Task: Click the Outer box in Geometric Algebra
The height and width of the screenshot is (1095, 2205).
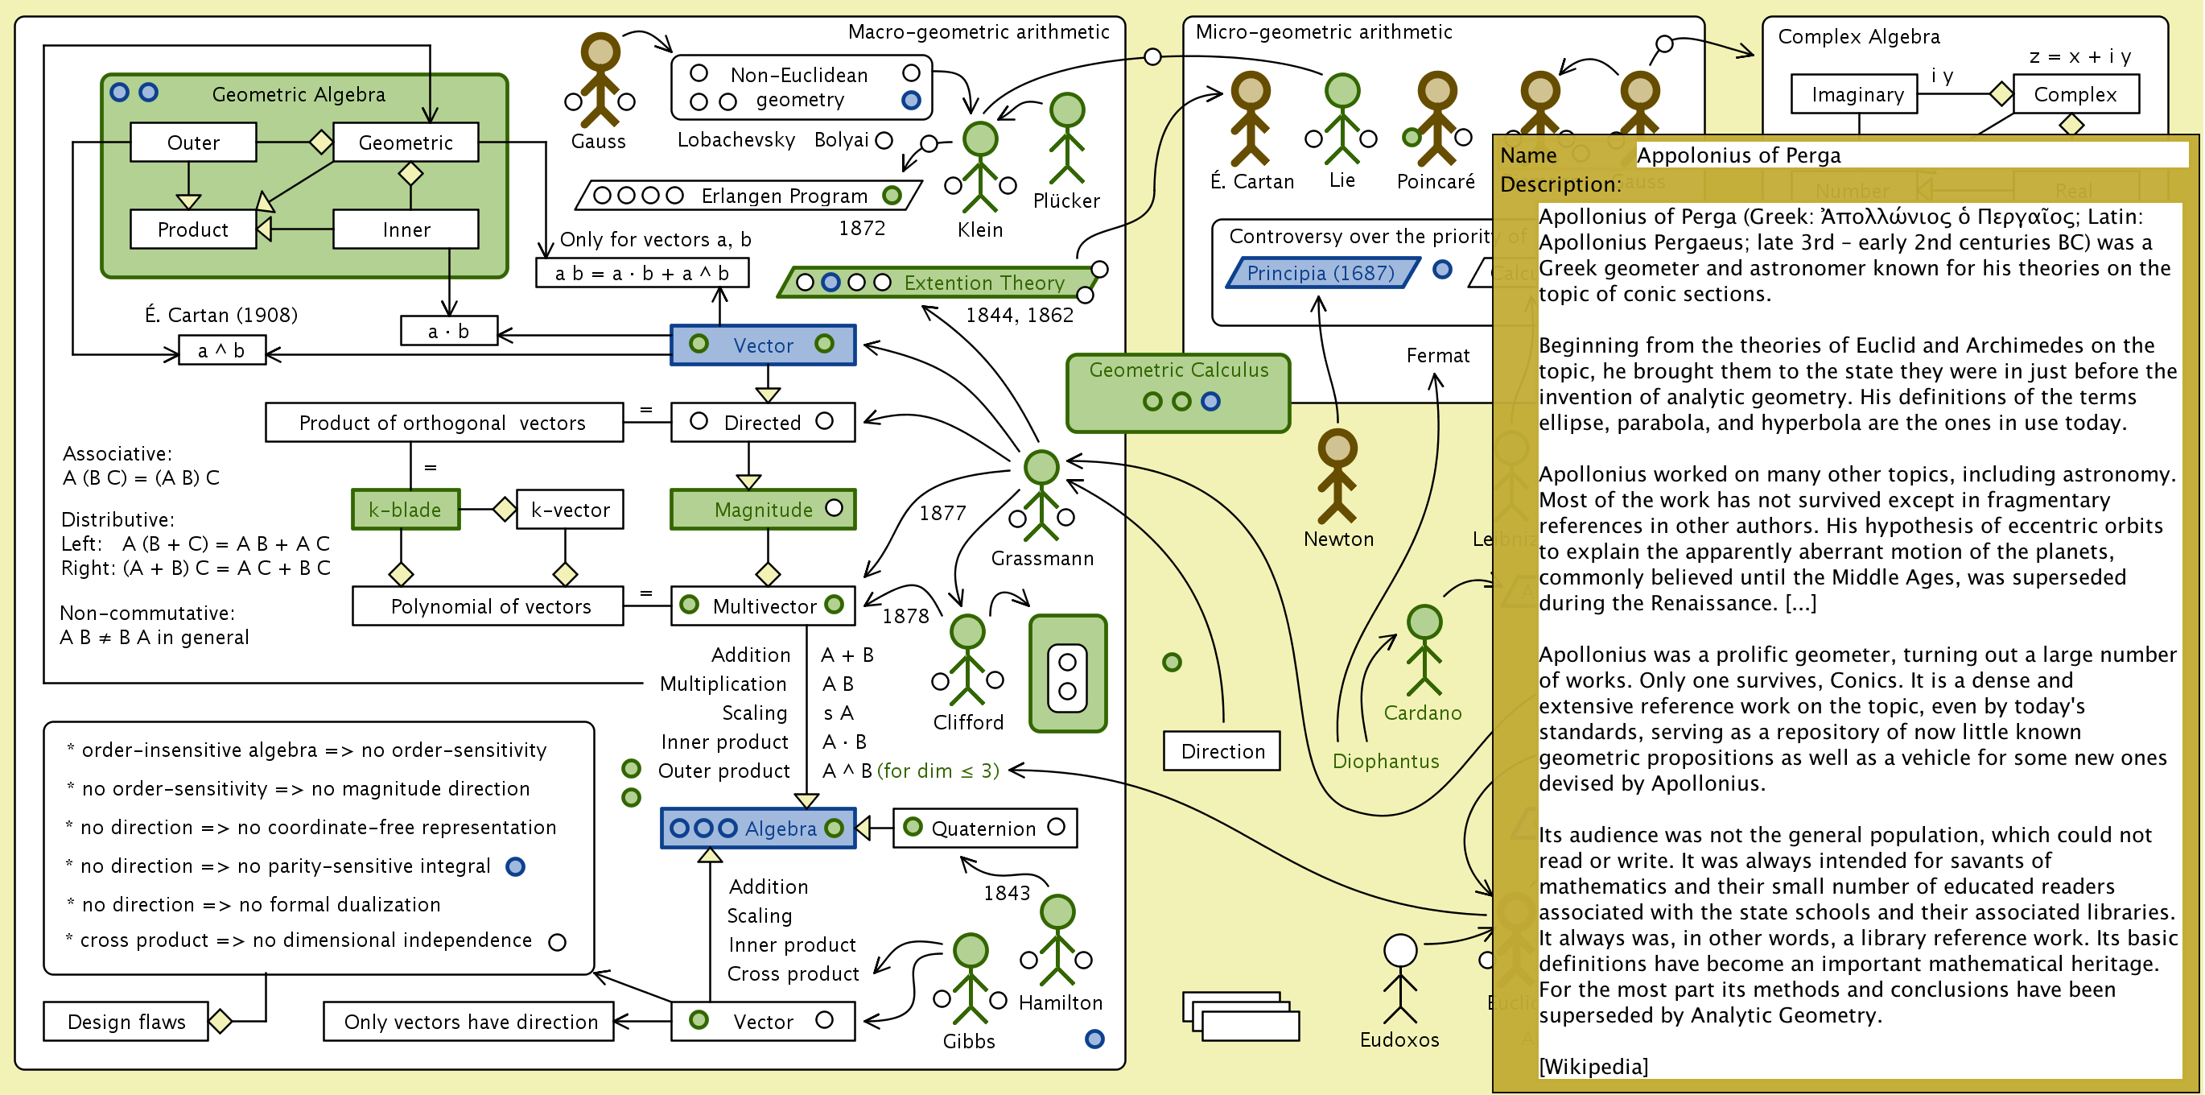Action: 193,143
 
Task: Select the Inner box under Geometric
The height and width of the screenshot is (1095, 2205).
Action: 406,229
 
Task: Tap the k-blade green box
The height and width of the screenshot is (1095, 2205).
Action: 405,510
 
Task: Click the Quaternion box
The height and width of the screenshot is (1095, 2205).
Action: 984,828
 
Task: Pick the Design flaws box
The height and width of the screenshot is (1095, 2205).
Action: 126,1022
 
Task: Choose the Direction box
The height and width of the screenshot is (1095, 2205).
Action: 1222,751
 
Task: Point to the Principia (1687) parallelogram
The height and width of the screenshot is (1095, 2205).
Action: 1321,273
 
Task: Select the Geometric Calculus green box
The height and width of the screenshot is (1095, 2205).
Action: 1178,392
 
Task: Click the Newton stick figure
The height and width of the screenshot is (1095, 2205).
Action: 1337,477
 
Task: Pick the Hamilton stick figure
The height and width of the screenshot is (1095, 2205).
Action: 1057,940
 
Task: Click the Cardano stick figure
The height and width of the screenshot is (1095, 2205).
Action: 1424,650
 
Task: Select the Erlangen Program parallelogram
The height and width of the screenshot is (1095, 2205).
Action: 748,195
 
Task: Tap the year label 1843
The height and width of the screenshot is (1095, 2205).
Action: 1007,893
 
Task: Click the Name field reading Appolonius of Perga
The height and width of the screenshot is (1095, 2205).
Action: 1910,155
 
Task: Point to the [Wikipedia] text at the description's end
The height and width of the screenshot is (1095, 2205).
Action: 1593,1066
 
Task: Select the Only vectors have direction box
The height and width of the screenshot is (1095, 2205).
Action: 469,1022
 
